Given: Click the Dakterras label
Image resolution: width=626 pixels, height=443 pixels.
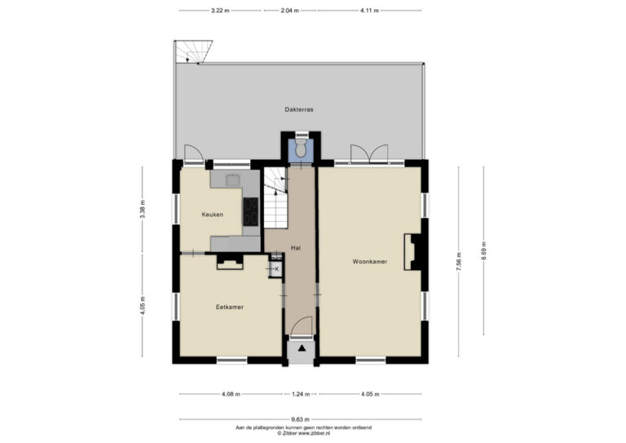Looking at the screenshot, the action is click(x=299, y=109).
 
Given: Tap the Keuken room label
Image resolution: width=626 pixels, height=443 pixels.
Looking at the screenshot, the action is click(x=213, y=215).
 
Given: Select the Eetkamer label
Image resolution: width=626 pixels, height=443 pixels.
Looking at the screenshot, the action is click(x=230, y=307).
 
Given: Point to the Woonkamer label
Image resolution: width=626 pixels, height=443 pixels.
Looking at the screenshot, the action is click(x=370, y=262).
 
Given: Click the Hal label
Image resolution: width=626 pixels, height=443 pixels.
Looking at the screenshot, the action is click(x=296, y=248).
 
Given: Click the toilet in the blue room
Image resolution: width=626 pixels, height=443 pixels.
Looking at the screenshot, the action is click(x=301, y=148).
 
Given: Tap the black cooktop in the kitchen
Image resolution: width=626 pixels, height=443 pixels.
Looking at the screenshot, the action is click(x=250, y=212).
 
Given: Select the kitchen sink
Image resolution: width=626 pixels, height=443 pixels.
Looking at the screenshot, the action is click(x=232, y=180).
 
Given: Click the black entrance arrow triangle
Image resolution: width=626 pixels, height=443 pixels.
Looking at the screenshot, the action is click(x=302, y=348).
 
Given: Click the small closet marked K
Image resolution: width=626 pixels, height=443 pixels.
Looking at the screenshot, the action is click(x=276, y=269).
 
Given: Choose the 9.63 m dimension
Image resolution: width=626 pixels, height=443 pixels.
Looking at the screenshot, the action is click(x=300, y=419).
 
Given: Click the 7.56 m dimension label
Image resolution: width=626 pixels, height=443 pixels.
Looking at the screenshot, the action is click(x=459, y=262).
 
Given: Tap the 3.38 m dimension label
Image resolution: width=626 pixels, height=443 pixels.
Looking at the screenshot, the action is click(x=143, y=209).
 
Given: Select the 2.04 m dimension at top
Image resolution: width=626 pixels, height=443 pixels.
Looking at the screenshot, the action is click(x=290, y=11).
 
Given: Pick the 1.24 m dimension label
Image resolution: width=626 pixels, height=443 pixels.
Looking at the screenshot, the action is click(x=301, y=394).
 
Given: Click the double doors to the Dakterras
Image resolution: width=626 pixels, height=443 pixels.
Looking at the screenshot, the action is click(x=369, y=154).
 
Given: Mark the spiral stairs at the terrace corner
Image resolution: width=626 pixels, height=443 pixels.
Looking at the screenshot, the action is click(x=192, y=51).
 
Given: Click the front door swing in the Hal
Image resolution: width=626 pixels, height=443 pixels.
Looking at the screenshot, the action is click(x=302, y=326).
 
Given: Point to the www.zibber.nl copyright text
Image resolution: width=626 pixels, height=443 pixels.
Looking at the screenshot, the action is click(x=303, y=432).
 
